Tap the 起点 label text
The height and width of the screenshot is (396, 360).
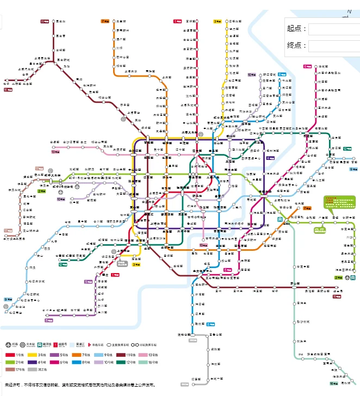296,29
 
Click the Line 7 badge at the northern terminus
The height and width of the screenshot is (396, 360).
105,21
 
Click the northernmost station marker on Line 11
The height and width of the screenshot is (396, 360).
54,21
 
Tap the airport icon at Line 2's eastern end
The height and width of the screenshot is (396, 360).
347,277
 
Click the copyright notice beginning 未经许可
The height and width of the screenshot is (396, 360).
79,385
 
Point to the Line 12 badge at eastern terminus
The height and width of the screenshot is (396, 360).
347,148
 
